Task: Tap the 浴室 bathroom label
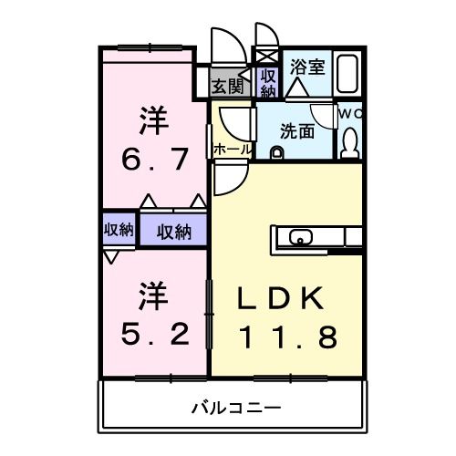[306, 66]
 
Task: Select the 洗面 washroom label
[296, 131]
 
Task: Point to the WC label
[351, 113]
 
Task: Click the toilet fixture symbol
[349, 144]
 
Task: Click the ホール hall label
[232, 149]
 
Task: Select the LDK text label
[279, 299]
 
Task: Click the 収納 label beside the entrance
[268, 83]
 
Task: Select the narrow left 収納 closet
[118, 230]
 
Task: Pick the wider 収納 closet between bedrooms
[171, 231]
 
